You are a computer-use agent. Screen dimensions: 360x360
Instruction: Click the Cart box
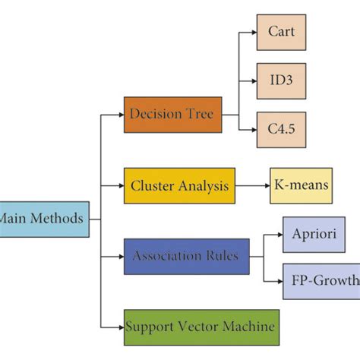tap(281, 32)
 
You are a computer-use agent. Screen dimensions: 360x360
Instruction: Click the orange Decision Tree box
tap(173, 115)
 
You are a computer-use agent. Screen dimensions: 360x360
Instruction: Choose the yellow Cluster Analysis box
tap(179, 185)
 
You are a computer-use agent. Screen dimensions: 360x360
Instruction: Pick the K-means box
tap(301, 185)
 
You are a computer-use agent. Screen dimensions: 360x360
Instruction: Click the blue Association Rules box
tap(186, 256)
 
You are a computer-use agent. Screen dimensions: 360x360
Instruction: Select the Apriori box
tap(314, 235)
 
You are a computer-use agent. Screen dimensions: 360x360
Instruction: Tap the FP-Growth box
tap(321, 281)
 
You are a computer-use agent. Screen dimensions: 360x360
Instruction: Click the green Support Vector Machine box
tap(201, 327)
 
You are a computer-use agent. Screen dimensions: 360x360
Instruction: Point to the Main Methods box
tap(43, 219)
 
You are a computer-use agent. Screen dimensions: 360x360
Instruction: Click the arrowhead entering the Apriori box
tap(279, 235)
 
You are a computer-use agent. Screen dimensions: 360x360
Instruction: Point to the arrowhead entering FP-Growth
tap(279, 281)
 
